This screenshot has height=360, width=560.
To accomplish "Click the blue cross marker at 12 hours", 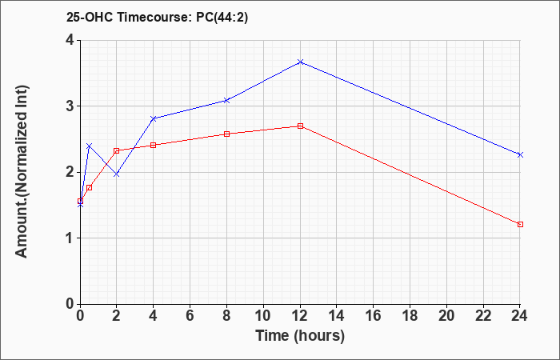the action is (x=300, y=62).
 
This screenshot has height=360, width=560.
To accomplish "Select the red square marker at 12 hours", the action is (x=300, y=126).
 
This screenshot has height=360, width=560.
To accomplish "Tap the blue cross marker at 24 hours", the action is (x=520, y=154).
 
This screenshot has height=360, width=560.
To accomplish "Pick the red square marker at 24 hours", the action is (x=520, y=224).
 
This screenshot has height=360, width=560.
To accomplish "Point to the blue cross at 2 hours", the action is (x=117, y=174).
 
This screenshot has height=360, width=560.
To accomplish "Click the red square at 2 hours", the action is (x=117, y=150).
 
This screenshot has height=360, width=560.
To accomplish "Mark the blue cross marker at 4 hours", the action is (x=154, y=118).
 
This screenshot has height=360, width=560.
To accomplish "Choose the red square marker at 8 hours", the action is (x=226, y=134).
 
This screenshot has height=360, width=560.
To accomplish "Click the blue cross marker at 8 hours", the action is (x=226, y=100).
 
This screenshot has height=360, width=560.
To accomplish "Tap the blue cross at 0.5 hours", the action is (x=90, y=146).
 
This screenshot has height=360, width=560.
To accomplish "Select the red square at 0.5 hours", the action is (x=90, y=187).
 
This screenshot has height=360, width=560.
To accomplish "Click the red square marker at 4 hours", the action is (x=154, y=145).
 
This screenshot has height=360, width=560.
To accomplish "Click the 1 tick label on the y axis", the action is (x=70, y=238).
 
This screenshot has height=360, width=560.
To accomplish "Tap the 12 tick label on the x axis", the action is (x=300, y=316).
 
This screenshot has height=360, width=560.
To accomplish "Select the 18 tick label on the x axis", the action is (x=410, y=316).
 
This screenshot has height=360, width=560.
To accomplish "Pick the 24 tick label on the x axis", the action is (x=520, y=316).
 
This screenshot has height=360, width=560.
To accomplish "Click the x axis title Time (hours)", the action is (x=300, y=336).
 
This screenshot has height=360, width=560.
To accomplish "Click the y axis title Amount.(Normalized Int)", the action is (x=22, y=171).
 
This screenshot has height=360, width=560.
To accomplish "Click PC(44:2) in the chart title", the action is (x=222, y=18).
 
